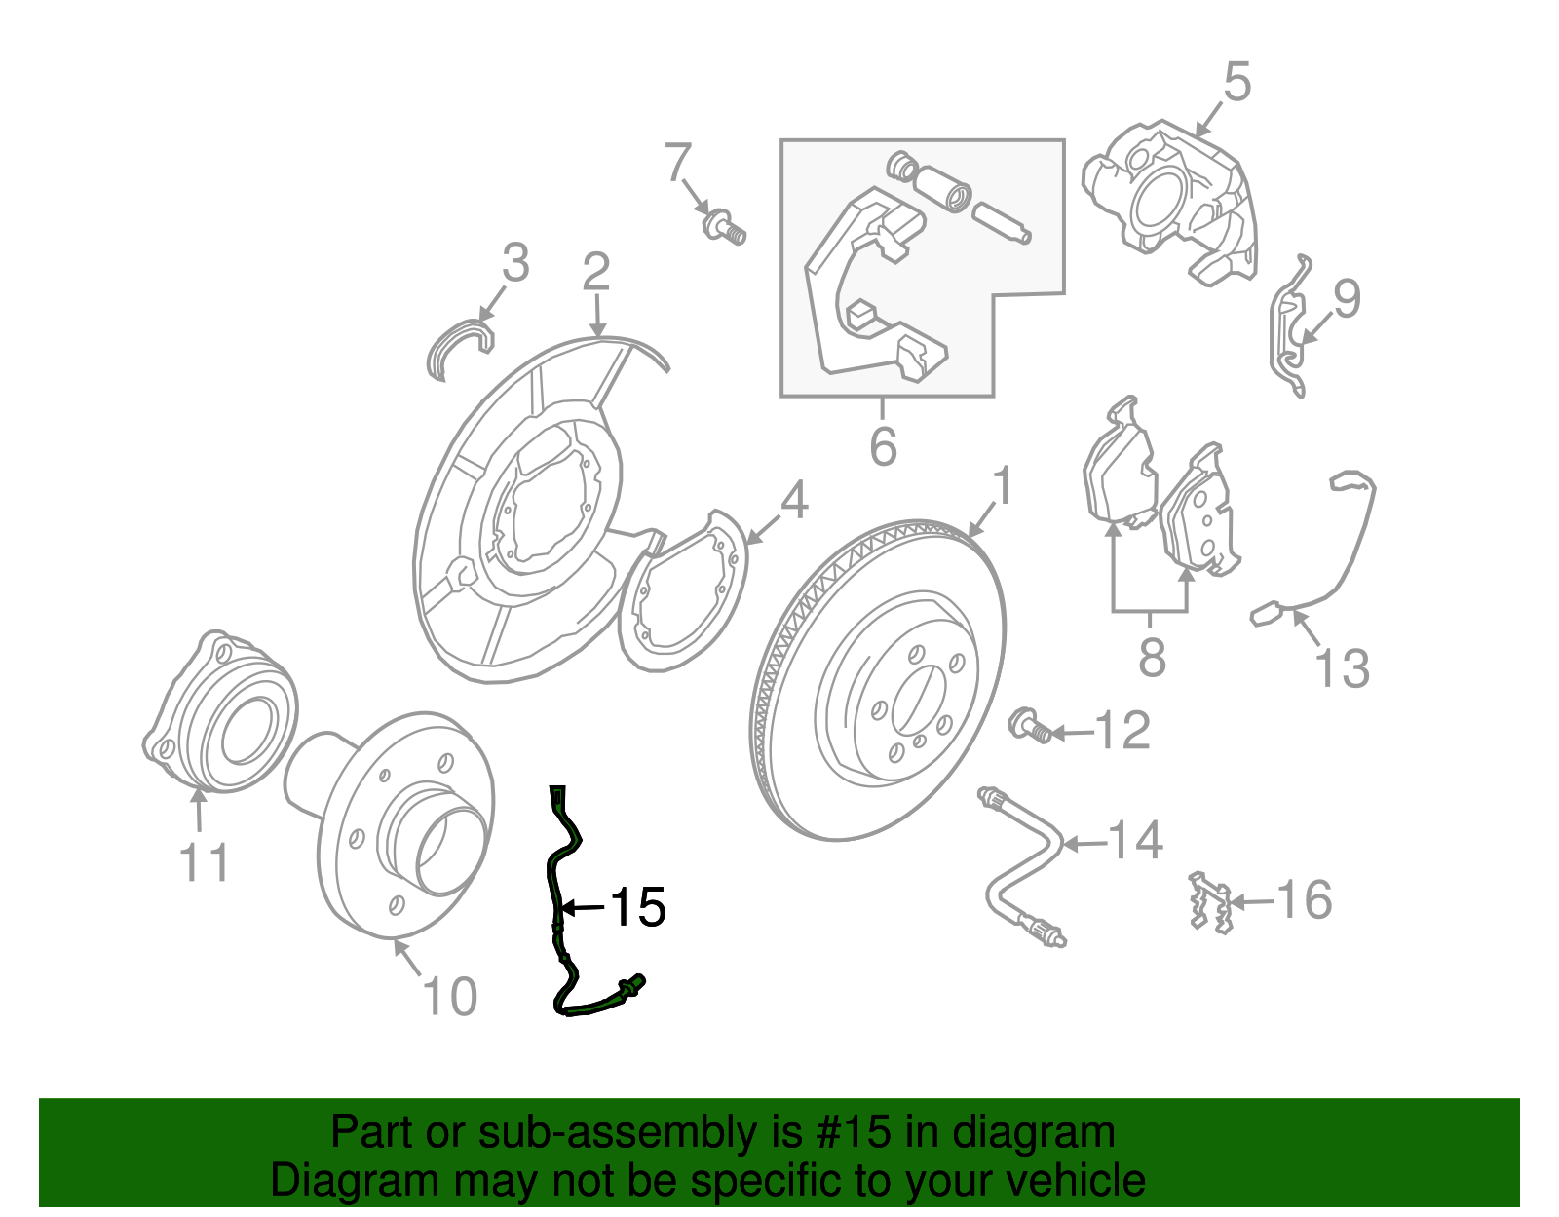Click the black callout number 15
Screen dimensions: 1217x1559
click(638, 907)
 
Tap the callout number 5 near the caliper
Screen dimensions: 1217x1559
click(1236, 82)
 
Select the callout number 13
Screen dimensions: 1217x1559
click(1342, 668)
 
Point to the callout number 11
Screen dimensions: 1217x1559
click(205, 863)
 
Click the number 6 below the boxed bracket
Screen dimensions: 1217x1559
click(883, 447)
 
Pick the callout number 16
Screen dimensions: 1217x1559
click(1304, 899)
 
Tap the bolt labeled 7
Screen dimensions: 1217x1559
click(723, 226)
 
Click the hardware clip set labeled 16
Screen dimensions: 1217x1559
click(1209, 902)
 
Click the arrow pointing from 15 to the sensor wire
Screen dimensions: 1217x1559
click(583, 908)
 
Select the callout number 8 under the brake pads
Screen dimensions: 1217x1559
click(1152, 658)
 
